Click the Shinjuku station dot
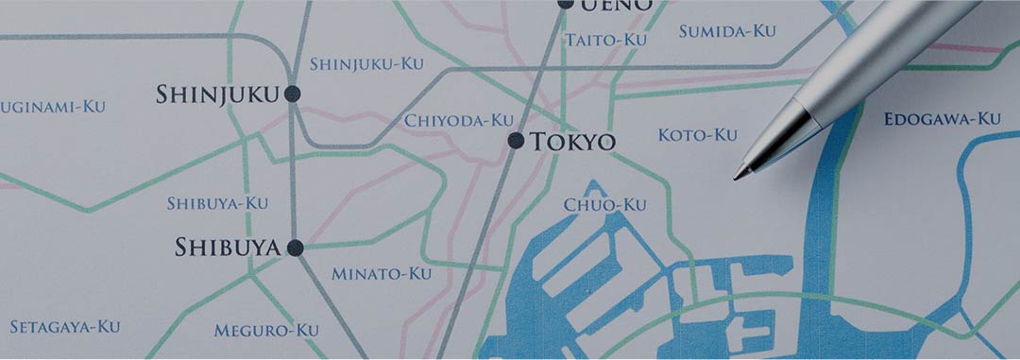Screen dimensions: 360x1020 pos(292,94)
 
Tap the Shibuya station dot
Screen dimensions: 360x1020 pos(295,249)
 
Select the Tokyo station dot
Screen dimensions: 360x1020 pos(516,141)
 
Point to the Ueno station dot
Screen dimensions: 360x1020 pos(565,3)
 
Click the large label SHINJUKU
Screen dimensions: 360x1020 pos(217,94)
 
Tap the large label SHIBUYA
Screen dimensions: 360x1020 pos(228,249)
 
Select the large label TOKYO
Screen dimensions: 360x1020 pos(572,143)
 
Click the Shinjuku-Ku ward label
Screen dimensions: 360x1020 pos(367,64)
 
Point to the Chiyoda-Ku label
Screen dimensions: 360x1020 pos(459,121)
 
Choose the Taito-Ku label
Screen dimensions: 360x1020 pos(605,40)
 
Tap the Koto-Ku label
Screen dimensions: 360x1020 pos(697,135)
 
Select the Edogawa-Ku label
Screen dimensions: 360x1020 pos(942,119)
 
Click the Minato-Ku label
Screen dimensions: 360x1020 pos(381,274)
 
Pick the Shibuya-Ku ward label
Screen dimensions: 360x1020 pos(217,203)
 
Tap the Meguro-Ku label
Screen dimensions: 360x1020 pos(266,331)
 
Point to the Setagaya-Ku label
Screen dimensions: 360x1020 pos(65,327)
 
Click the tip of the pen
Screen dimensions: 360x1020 pos(737,177)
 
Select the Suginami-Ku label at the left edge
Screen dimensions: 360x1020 pos(53,107)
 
